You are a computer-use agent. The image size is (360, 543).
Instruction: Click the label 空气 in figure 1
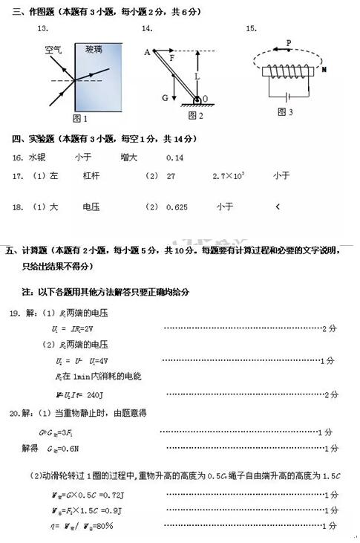point(53,50)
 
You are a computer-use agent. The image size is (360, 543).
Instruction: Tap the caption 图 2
point(195,115)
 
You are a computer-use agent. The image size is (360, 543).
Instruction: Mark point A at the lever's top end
point(147,51)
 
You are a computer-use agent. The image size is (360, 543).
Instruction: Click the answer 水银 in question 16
point(37,157)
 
